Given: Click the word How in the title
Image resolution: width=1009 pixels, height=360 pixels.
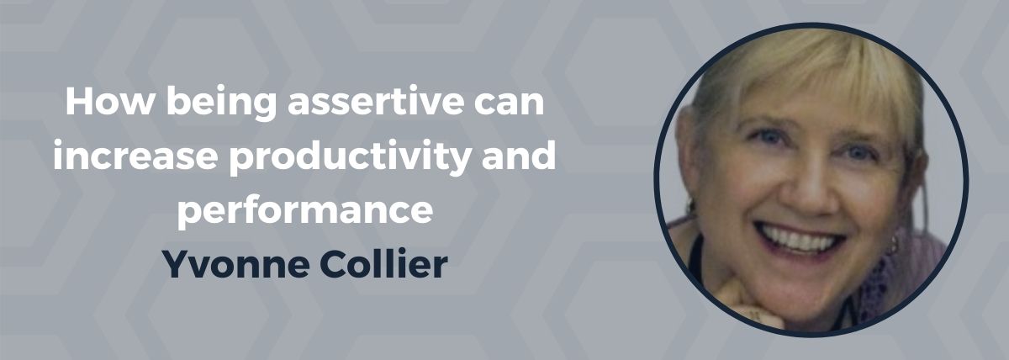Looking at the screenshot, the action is pyautogui.click(x=109, y=102).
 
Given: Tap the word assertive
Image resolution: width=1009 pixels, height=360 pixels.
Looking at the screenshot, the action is pyautogui.click(x=376, y=102).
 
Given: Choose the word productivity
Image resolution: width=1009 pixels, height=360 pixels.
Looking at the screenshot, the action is pyautogui.click(x=350, y=157).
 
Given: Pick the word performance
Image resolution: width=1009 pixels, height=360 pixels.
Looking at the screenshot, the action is pyautogui.click(x=305, y=211).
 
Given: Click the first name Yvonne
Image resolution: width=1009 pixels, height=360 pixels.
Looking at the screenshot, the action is pyautogui.click(x=236, y=264).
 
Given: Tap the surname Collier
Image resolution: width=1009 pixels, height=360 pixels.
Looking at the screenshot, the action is pyautogui.click(x=383, y=263).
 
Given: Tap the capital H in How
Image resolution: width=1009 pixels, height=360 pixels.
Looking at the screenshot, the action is pyautogui.click(x=80, y=102).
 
